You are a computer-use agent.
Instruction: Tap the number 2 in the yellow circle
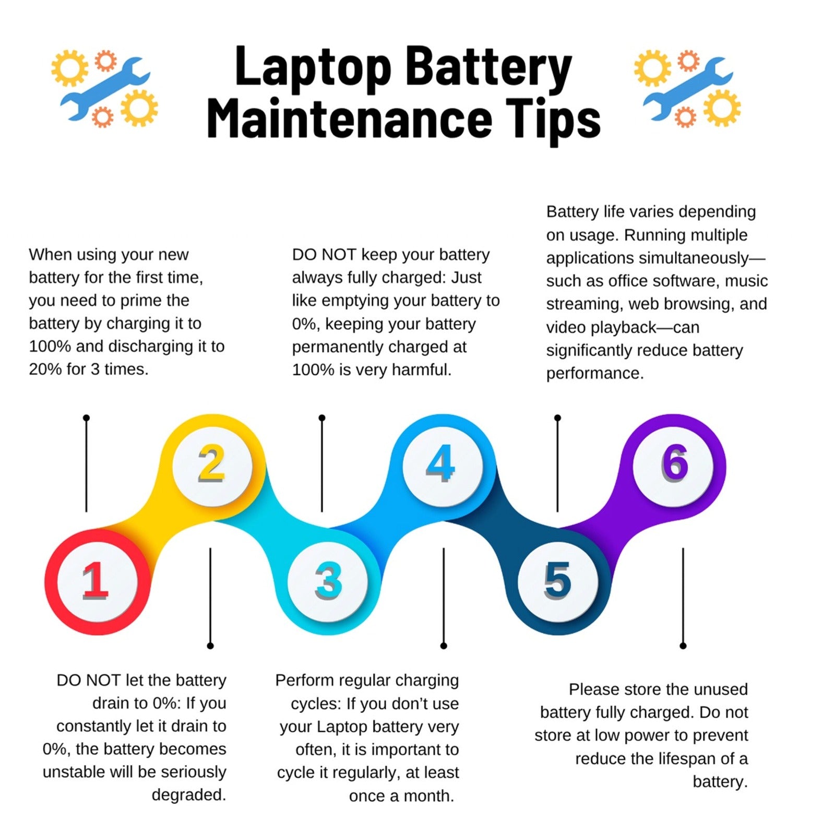(211, 463)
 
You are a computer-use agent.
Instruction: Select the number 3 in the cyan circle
(328, 580)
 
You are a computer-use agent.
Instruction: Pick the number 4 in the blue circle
(441, 463)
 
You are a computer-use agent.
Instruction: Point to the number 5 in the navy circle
(557, 580)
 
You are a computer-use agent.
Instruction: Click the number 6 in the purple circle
(675, 462)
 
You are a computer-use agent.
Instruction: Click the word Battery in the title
(489, 68)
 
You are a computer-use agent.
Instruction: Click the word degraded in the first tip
(189, 795)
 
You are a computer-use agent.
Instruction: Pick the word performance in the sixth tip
(595, 374)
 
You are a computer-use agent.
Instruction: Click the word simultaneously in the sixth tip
(699, 258)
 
